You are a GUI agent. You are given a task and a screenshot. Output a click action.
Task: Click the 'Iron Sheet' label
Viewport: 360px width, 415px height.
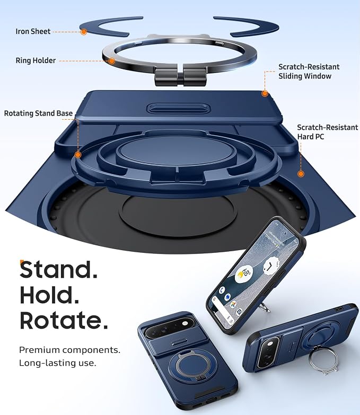pos(33,31)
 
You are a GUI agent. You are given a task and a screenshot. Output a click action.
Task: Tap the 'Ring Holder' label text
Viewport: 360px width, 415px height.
pos(36,60)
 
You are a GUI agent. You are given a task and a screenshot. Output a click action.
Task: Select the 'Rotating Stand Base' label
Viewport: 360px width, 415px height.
pos(38,113)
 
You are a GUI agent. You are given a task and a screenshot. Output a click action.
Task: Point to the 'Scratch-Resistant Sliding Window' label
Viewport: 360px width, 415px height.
pos(309,72)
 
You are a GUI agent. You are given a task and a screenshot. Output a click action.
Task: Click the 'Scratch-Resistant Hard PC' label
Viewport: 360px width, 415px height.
pos(328,132)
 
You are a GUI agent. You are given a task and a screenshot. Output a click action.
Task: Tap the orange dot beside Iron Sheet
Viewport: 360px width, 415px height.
pos(84,32)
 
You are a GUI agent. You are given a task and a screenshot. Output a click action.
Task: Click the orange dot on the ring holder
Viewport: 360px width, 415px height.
pos(112,61)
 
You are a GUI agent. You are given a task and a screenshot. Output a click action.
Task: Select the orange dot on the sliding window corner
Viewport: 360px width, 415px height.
pos(265,93)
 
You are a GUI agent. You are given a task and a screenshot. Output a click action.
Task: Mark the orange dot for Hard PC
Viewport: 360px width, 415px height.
pos(301,174)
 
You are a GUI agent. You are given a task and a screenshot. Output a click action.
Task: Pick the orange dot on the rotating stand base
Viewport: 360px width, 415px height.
pos(78,155)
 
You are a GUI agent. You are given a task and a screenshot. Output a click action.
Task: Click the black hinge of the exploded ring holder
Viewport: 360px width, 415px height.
pos(180,78)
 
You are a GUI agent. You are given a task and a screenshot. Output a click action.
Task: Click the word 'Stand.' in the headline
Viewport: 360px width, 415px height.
pos(59,269)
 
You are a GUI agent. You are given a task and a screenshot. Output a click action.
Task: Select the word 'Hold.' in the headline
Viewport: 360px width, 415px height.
pos(49,295)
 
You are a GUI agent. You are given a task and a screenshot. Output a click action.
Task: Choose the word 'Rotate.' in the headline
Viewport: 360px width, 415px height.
pos(64,320)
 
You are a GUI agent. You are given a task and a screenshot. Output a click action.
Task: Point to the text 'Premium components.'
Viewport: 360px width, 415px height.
pos(69,350)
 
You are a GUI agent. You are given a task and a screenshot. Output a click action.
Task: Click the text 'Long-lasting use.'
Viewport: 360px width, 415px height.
pos(58,363)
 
